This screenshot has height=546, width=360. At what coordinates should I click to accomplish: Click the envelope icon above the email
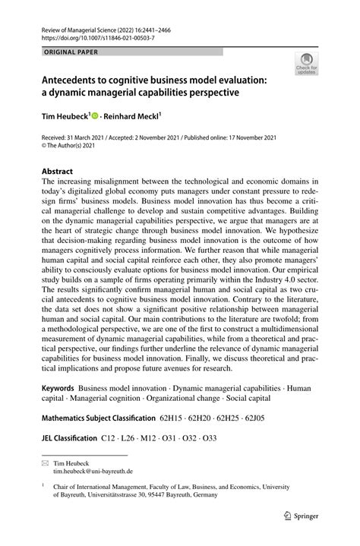46,462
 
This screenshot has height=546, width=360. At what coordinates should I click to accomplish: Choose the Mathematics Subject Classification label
96,417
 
